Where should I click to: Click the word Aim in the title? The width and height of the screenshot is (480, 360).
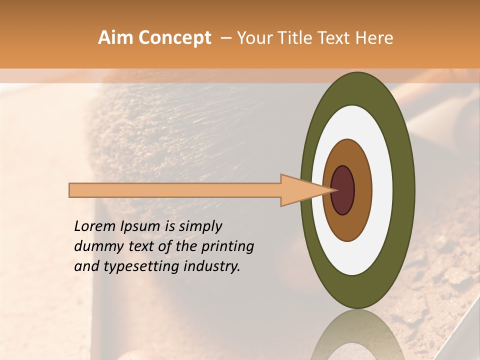[116, 38]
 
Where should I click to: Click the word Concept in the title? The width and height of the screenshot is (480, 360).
[174, 38]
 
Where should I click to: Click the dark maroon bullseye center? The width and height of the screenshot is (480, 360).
[342, 190]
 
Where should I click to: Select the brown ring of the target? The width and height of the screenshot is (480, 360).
[363, 190]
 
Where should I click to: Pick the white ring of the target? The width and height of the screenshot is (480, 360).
[382, 190]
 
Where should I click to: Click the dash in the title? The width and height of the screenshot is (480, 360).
[226, 38]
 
